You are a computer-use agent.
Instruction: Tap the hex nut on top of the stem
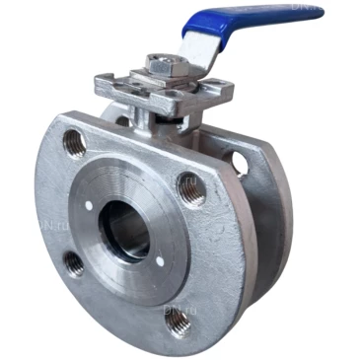pyautogui.click(x=159, y=65)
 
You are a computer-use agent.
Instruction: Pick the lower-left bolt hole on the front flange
pyautogui.click(x=73, y=262)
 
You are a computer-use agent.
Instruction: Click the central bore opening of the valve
pyautogui.click(x=127, y=230)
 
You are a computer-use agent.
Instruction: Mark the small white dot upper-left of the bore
pyautogui.click(x=89, y=204)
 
